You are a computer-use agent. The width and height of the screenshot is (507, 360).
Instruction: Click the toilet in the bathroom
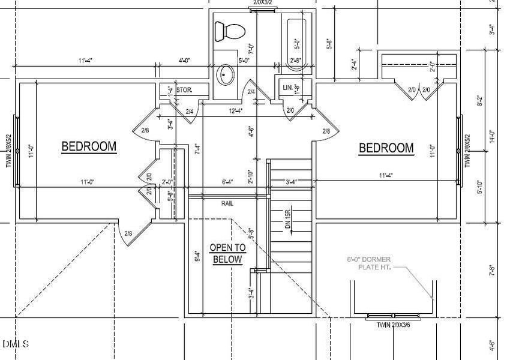[230, 30]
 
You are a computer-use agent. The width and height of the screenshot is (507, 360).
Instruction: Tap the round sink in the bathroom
[227, 74]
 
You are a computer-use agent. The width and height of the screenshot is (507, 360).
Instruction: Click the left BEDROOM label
[89, 146]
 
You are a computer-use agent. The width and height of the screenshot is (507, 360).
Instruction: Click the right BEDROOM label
[386, 148]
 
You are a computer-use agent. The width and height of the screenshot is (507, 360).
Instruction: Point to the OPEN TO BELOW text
[227, 253]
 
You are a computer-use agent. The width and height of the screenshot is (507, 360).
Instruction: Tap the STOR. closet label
[184, 90]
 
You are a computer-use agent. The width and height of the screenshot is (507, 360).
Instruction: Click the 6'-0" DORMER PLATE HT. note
[369, 263]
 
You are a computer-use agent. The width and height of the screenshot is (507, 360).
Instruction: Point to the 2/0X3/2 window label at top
[262, 3]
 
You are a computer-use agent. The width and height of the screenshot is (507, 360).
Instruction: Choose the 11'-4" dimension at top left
[85, 61]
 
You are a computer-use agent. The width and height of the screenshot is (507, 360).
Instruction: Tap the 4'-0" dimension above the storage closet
[184, 61]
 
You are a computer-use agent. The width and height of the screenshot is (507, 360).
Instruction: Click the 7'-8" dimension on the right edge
[492, 270]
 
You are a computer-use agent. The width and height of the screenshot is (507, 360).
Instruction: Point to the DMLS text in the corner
[15, 344]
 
